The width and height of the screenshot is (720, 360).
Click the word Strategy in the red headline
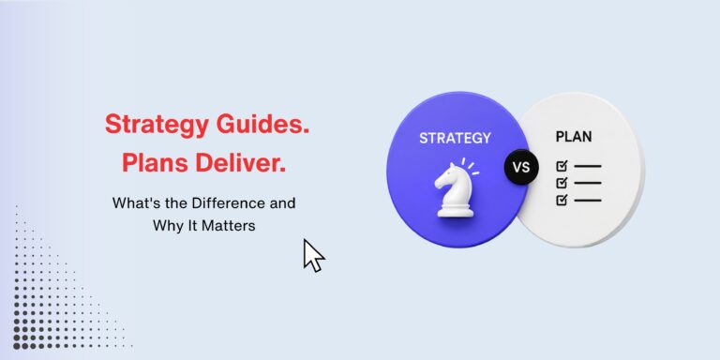[151, 125]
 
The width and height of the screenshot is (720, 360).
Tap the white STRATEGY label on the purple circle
[455, 138]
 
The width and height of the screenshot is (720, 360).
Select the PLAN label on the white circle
[574, 137]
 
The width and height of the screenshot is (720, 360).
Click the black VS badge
[521, 168]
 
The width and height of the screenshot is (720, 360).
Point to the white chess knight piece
[454, 189]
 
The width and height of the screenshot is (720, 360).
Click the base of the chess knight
[455, 211]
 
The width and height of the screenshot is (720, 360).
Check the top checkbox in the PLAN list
[562, 166]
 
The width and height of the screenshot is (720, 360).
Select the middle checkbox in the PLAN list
[562, 183]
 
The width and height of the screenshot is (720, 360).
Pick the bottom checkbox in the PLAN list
[562, 200]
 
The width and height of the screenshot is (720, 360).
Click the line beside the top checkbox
[587, 166]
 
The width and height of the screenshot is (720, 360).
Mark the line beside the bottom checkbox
[587, 201]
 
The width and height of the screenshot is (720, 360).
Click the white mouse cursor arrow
[314, 255]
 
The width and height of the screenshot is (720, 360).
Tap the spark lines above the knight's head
[471, 166]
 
